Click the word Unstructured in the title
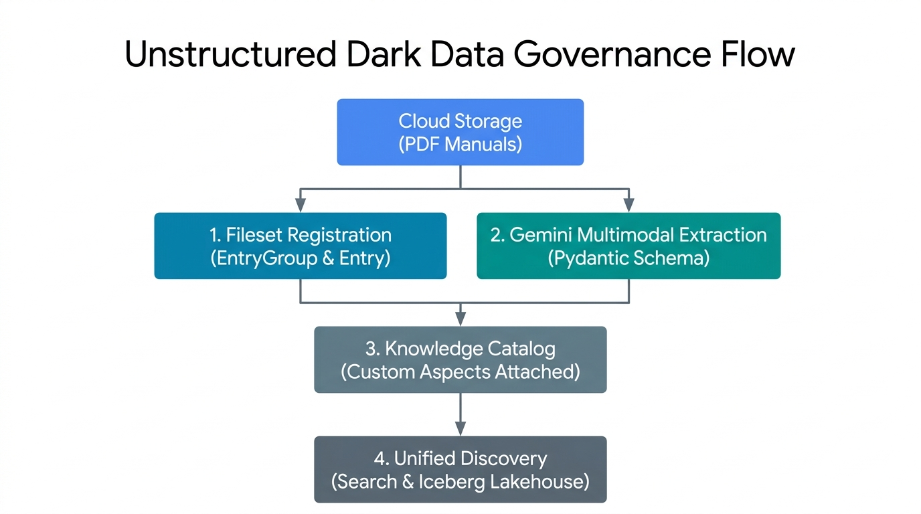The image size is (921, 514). pyautogui.click(x=231, y=54)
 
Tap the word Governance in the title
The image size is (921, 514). pyautogui.click(x=612, y=54)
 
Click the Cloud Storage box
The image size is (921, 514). pyautogui.click(x=460, y=132)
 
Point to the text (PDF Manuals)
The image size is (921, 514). pyautogui.click(x=460, y=145)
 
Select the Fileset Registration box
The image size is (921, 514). pyautogui.click(x=300, y=246)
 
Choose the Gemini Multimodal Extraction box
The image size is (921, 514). pyautogui.click(x=629, y=246)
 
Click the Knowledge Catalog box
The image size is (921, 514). pyautogui.click(x=460, y=360)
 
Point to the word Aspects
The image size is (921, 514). pyautogui.click(x=455, y=371)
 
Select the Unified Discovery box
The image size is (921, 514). pyautogui.click(x=460, y=470)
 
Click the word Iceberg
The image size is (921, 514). pyautogui.click(x=452, y=481)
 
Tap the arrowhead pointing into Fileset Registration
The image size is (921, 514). pyautogui.click(x=301, y=205)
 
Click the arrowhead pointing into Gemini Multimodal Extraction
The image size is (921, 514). pyautogui.click(x=629, y=205)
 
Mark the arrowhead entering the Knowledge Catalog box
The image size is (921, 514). pyautogui.click(x=460, y=319)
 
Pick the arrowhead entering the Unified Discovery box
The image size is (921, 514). pyautogui.click(x=460, y=428)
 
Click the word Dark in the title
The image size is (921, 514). pyautogui.click(x=384, y=54)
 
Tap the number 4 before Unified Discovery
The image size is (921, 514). pyautogui.click(x=379, y=458)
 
